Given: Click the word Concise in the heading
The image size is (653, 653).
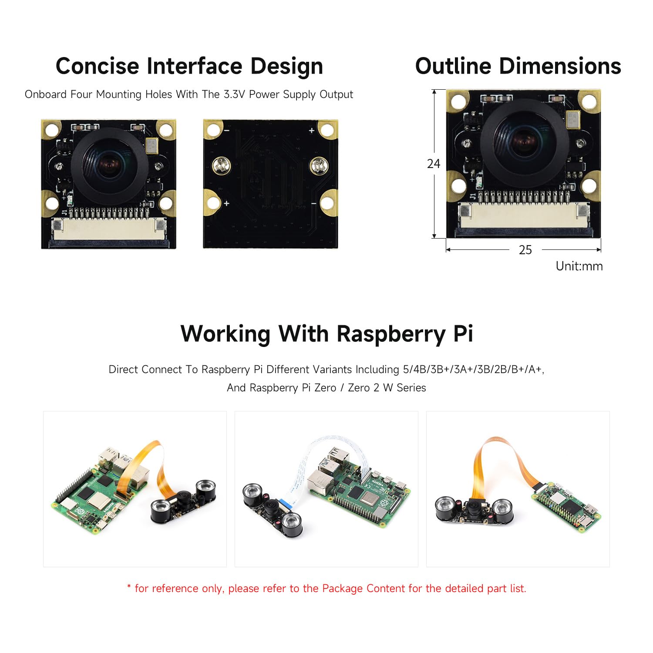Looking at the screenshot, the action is pyautogui.click(x=98, y=66).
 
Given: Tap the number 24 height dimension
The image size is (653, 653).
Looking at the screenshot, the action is pyautogui.click(x=434, y=164).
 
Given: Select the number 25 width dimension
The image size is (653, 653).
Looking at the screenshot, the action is pyautogui.click(x=525, y=250).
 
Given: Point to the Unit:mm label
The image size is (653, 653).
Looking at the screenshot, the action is pyautogui.click(x=579, y=266).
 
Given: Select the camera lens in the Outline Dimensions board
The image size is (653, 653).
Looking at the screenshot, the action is pyautogui.click(x=524, y=142).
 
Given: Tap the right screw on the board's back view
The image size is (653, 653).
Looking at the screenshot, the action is pyautogui.click(x=318, y=166).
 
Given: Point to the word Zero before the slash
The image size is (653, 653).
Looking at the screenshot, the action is pyautogui.click(x=325, y=388).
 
